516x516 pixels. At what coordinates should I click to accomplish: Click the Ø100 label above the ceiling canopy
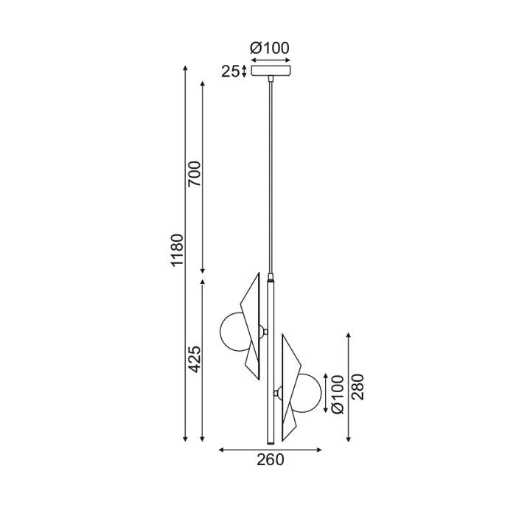(271, 49)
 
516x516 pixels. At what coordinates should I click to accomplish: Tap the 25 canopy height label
(231, 72)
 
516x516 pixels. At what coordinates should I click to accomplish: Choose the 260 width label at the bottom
(271, 461)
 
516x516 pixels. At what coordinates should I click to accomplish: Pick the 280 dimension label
(358, 386)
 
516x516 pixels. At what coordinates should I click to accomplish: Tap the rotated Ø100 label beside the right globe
(337, 395)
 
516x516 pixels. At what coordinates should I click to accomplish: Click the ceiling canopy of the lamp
(271, 72)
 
